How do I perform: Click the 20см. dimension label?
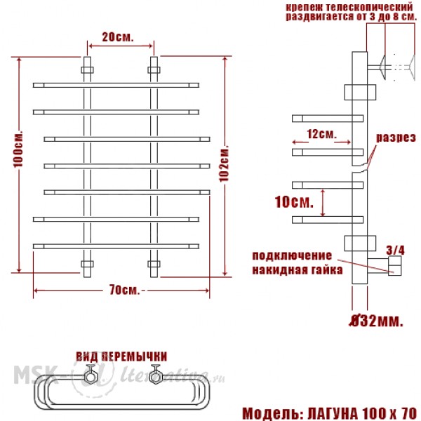(x=118, y=37)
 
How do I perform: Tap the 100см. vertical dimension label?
(x=18, y=149)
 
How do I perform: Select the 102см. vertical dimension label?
(x=224, y=163)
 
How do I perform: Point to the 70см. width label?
(x=125, y=290)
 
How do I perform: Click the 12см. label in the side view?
(x=321, y=134)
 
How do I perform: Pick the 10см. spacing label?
(x=294, y=202)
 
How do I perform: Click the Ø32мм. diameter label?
(x=376, y=321)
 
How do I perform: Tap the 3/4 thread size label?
(x=395, y=250)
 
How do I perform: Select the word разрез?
(x=396, y=138)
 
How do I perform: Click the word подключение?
(x=292, y=256)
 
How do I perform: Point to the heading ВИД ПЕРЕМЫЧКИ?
(x=121, y=356)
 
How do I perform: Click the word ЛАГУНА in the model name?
(x=333, y=413)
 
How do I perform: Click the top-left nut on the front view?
(x=87, y=70)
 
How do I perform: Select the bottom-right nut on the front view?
(x=154, y=264)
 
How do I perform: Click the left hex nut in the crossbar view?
(x=91, y=376)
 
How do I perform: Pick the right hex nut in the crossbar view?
(x=156, y=376)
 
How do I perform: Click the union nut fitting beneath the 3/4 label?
(x=394, y=265)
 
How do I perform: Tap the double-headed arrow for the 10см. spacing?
(x=323, y=203)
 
